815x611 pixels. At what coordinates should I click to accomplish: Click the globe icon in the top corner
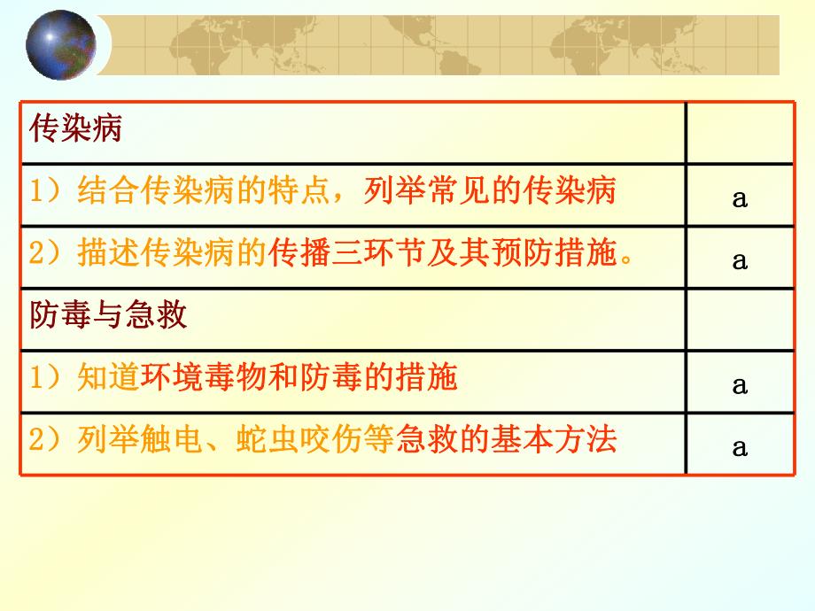pyautogui.click(x=61, y=44)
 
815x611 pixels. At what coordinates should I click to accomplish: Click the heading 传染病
pyautogui.click(x=75, y=130)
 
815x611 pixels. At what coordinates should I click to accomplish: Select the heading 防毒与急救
pyautogui.click(x=109, y=315)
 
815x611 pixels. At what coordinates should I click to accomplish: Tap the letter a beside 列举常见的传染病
pyautogui.click(x=740, y=199)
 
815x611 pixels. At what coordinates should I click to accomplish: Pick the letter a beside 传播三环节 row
pyautogui.click(x=740, y=261)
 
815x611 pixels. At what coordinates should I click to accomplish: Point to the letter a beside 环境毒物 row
pyautogui.click(x=740, y=385)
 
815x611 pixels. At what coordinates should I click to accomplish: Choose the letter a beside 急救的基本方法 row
pyautogui.click(x=740, y=447)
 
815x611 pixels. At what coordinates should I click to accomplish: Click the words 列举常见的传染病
pyautogui.click(x=489, y=192)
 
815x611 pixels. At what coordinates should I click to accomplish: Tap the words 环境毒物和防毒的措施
pyautogui.click(x=299, y=378)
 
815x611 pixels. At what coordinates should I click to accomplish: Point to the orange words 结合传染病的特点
pyautogui.click(x=209, y=192)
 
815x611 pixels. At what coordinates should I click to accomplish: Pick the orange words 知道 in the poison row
pyautogui.click(x=108, y=378)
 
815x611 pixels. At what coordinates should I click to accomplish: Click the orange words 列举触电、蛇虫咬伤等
pyautogui.click(x=233, y=440)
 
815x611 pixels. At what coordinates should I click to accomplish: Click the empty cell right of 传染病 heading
pyautogui.click(x=740, y=133)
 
